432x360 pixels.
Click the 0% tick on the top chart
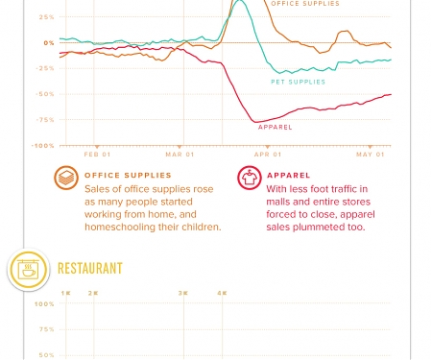click(48, 43)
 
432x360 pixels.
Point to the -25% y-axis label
click(46, 68)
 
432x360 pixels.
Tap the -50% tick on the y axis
click(46, 94)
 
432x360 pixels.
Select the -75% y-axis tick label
click(46, 120)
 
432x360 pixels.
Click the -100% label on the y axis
click(44, 146)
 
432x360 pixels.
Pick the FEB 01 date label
click(97, 155)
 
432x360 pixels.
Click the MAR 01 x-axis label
click(180, 155)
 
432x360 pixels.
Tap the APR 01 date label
click(268, 155)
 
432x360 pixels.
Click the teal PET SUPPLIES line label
click(298, 83)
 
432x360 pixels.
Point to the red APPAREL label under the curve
click(276, 128)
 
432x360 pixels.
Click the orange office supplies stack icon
click(66, 179)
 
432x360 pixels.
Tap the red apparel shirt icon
click(249, 179)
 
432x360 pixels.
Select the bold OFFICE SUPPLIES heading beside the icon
click(128, 176)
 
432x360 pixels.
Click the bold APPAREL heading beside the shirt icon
click(288, 176)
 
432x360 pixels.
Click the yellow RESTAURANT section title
click(90, 269)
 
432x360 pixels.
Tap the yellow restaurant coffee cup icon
click(28, 270)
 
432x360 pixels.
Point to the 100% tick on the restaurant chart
click(44, 304)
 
